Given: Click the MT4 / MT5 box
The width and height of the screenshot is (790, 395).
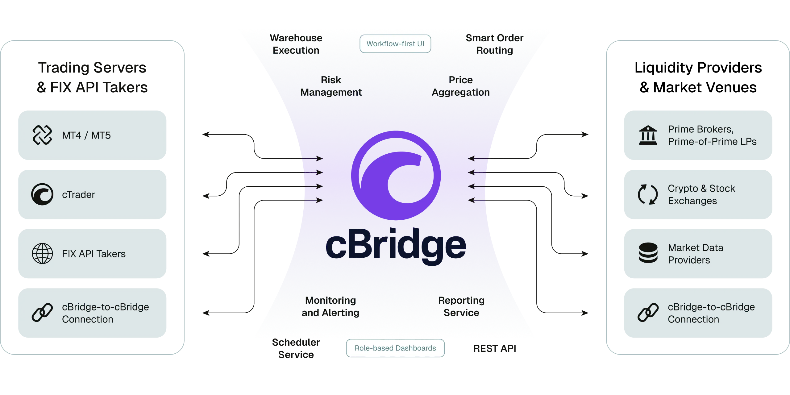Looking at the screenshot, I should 93,135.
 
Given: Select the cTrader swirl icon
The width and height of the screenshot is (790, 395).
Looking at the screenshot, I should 42,194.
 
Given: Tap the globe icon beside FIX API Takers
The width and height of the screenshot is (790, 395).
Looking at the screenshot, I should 42,254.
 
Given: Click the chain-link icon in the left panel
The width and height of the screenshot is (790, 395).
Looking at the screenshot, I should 42,313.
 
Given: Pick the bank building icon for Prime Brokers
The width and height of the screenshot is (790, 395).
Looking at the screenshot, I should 648,135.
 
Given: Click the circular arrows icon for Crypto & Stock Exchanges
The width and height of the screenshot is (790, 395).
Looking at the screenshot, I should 648,194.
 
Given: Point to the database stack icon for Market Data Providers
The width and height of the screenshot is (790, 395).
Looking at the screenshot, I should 648,253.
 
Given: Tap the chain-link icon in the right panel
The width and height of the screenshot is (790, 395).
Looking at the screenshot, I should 648,313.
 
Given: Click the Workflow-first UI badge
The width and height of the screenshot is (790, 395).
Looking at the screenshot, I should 395,44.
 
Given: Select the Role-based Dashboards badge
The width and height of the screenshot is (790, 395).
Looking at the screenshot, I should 395,348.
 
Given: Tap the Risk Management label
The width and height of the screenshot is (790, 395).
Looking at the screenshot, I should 331,86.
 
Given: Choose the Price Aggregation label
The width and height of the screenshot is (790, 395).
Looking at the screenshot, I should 460,86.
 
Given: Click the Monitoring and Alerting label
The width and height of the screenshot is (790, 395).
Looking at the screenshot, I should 330,306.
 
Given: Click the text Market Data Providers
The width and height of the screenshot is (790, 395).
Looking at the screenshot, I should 696,254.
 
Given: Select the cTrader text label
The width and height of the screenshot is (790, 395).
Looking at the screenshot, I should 78,195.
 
